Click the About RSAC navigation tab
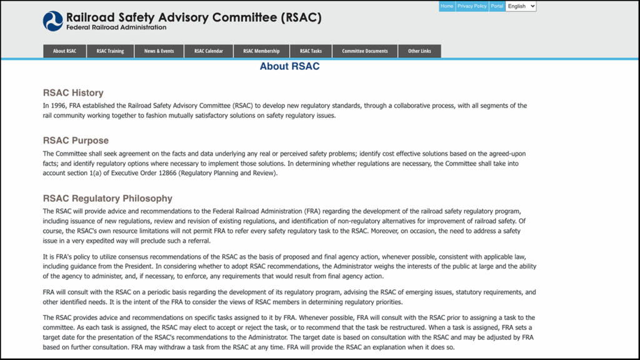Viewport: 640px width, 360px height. pyautogui.click(x=64, y=51)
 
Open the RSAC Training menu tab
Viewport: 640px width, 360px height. pyautogui.click(x=110, y=51)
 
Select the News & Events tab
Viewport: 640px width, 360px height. pyautogui.click(x=159, y=51)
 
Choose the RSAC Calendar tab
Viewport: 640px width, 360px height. pyautogui.click(x=208, y=51)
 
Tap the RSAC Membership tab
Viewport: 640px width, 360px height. pyautogui.click(x=261, y=51)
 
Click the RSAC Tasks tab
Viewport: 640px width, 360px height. pyautogui.click(x=311, y=51)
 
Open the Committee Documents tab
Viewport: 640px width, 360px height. pyautogui.click(x=364, y=51)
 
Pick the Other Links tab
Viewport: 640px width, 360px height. pyautogui.click(x=419, y=51)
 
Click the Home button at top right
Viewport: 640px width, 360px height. pyautogui.click(x=446, y=6)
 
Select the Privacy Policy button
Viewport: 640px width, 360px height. pyautogui.click(x=472, y=6)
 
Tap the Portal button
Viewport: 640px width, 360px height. pyautogui.click(x=497, y=6)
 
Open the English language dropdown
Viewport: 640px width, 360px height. pyautogui.click(x=521, y=6)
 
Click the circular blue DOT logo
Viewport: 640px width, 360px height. pyautogui.click(x=53, y=21)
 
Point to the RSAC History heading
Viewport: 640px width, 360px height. pyautogui.click(x=73, y=93)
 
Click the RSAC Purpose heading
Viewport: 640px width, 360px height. pyautogui.click(x=76, y=141)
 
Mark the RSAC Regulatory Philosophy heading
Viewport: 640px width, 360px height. pyautogui.click(x=107, y=199)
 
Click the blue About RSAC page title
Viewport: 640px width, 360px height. pyautogui.click(x=289, y=66)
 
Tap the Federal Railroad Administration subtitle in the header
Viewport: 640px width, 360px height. pyautogui.click(x=116, y=27)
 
